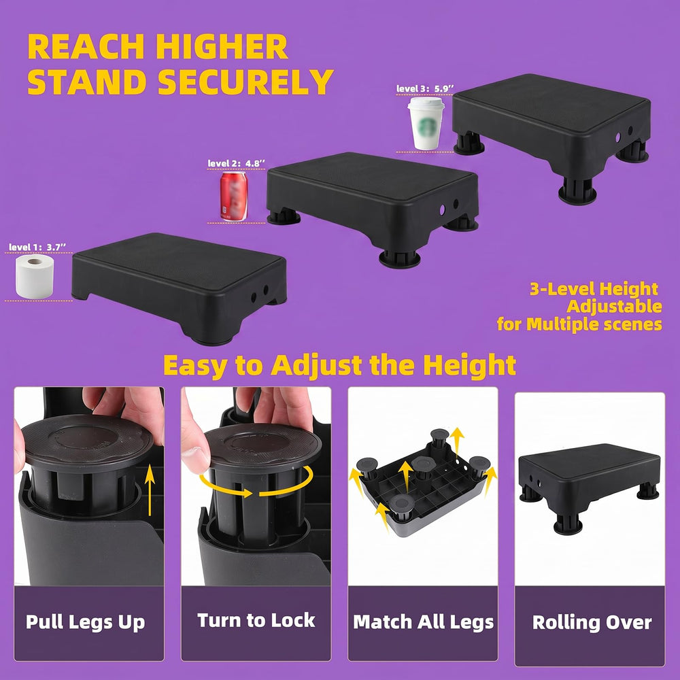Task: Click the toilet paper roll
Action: coord(35,276)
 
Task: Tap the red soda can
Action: coord(234,196)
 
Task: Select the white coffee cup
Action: coord(426,123)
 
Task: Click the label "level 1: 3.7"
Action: coord(37,248)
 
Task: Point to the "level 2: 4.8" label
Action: coord(237,163)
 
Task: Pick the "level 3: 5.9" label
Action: coord(425,88)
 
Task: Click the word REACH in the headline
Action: coord(86,46)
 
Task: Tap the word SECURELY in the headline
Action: coord(245,82)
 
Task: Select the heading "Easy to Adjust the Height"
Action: coord(339,365)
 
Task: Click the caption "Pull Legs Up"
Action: coord(86,622)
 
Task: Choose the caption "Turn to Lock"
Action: coord(256,620)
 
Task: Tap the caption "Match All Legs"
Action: coord(423,622)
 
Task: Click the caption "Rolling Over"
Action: coord(592,622)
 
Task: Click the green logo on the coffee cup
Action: coord(426,127)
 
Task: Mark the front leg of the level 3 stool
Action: coord(577,191)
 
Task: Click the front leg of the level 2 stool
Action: coord(399,258)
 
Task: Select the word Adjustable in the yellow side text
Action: coord(614,307)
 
